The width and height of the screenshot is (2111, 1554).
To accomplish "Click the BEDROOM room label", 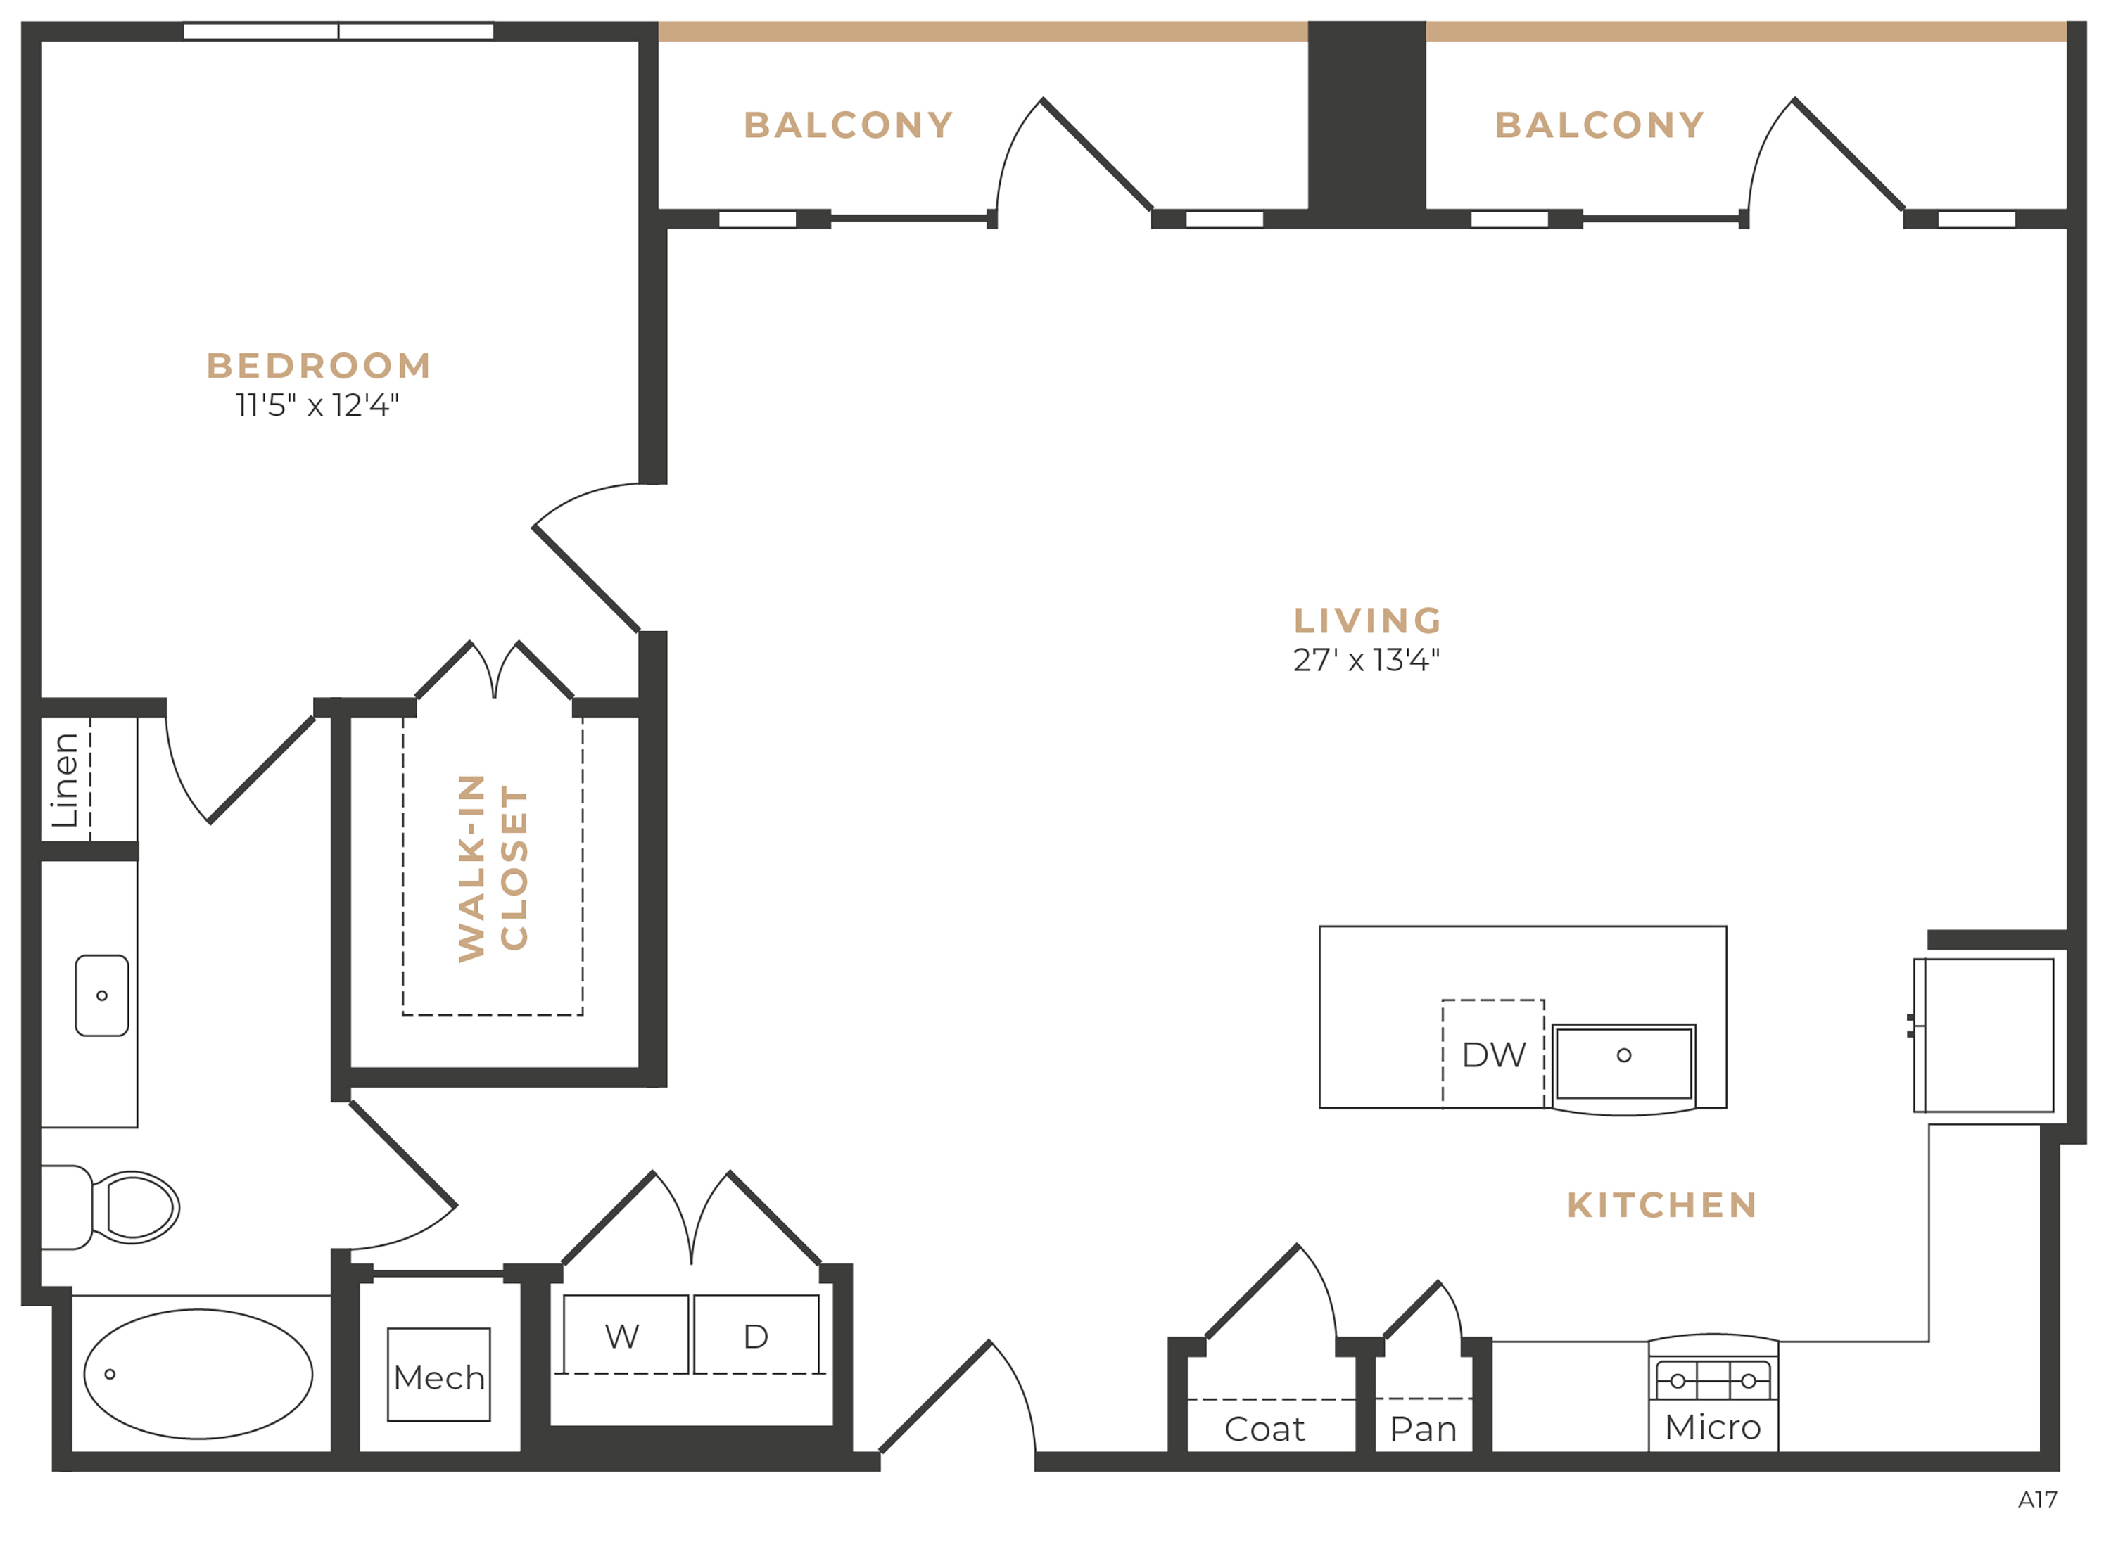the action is pos(319,366).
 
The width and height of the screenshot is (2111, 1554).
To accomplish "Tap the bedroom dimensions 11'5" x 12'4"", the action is pos(317,405).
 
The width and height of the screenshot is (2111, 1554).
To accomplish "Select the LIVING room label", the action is pos(1367,621).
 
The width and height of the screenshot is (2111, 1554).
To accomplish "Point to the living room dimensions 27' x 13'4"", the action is pos(1366,661).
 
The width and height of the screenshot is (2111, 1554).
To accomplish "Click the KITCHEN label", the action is pos(1661,1205).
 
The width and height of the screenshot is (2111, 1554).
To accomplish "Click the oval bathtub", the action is pos(198,1375).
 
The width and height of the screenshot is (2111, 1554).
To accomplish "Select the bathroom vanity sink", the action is pos(101,996).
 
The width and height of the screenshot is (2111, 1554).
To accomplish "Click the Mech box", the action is pos(439,1375).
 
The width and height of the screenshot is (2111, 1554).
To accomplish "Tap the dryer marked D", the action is pos(756,1335).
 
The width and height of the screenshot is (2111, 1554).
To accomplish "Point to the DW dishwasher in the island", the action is pos(1494,1055).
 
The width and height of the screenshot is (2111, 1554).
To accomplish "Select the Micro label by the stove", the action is pos(1712,1427).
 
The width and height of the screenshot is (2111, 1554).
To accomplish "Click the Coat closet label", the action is pos(1264,1429).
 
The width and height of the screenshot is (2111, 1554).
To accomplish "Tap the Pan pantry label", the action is pos(1424,1429).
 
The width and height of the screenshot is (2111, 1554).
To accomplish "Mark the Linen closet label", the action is pos(65,780).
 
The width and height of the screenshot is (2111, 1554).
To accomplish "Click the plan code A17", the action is pos(2038,1499).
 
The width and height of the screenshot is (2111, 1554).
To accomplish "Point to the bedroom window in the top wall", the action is pos(338,31).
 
